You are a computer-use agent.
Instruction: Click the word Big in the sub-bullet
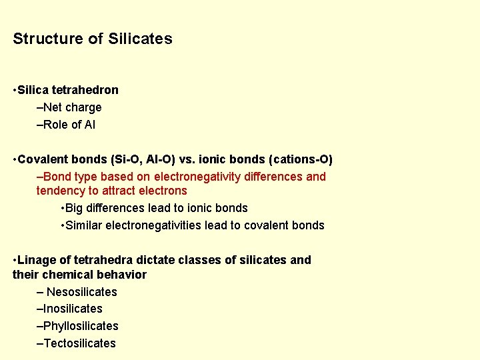point(75,208)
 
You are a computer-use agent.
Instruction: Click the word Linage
point(36,260)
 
